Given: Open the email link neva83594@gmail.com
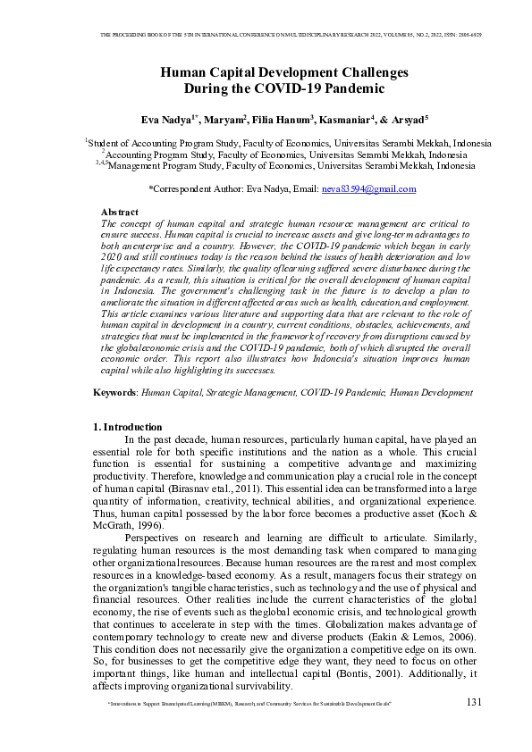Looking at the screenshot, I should coord(368,189).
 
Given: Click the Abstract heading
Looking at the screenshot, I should coord(120,212).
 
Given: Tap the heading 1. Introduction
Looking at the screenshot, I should coord(129,427).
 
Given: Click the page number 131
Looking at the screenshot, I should coord(474,703).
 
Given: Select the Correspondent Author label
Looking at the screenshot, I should coord(197,189).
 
